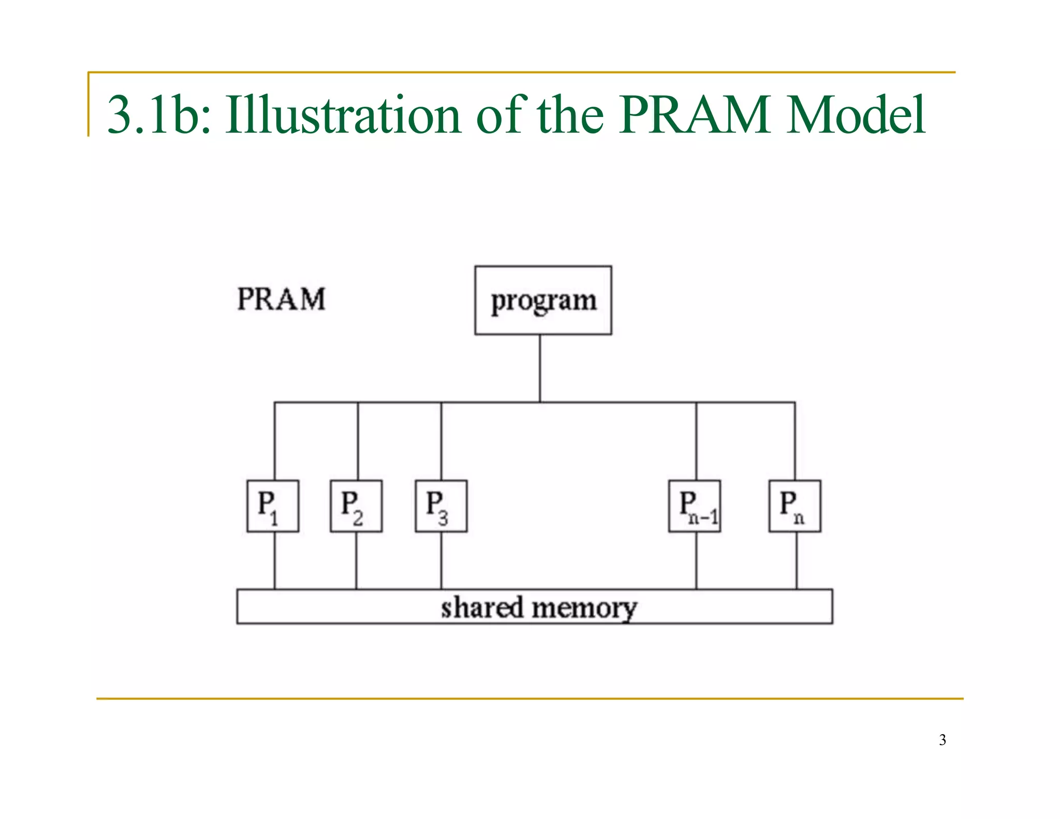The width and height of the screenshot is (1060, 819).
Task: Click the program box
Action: (x=543, y=300)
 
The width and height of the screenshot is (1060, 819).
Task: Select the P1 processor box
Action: (x=273, y=506)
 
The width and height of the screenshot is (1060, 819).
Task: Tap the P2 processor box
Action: (x=356, y=506)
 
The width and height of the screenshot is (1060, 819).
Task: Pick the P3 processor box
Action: (x=441, y=506)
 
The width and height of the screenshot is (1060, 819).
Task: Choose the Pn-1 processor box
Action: (x=695, y=506)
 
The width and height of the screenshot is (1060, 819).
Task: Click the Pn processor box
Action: (x=794, y=506)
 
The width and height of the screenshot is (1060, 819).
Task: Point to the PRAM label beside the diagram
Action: (x=281, y=299)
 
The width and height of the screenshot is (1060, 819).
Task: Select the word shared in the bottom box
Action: (x=482, y=607)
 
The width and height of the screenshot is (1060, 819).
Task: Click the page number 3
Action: (x=942, y=740)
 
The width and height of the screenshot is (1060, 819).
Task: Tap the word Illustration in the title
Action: (x=343, y=115)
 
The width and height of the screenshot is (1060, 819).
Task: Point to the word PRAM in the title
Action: (x=694, y=115)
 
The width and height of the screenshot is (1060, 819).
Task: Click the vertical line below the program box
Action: (x=540, y=368)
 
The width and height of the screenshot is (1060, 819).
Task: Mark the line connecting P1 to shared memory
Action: (x=274, y=560)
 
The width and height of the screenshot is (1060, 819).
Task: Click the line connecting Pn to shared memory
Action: (x=796, y=560)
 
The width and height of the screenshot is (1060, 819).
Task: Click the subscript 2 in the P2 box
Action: (x=358, y=518)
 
